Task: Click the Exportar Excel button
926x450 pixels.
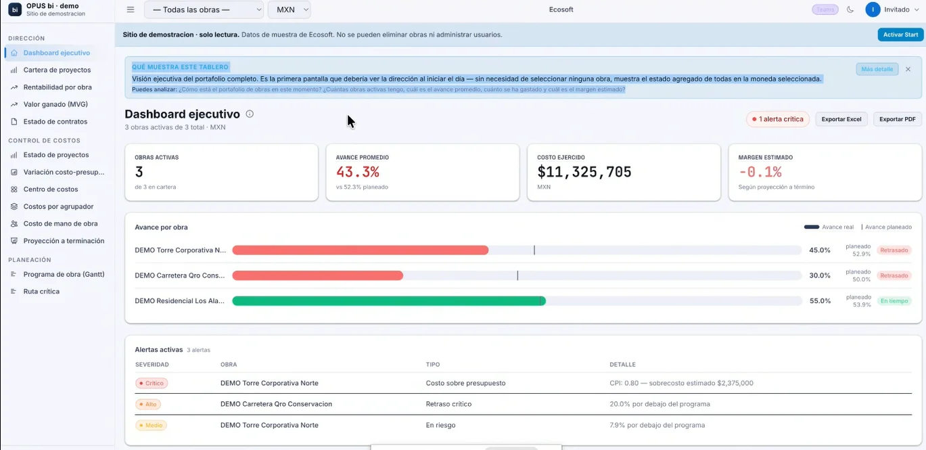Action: pos(841,119)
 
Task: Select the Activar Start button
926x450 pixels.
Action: pos(900,35)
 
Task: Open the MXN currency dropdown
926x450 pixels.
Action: pos(290,9)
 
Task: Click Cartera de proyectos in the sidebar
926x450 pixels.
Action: pos(57,70)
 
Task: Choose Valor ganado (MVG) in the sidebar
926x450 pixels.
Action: pos(55,104)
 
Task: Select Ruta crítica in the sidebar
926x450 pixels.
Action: pos(41,291)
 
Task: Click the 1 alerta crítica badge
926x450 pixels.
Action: pos(778,119)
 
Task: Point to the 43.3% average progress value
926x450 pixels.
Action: pos(358,172)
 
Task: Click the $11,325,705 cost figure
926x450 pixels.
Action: pos(584,172)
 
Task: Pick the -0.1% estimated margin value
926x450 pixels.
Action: pos(760,172)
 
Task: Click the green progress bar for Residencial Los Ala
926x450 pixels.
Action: pos(388,301)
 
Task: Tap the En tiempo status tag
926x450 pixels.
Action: pos(894,300)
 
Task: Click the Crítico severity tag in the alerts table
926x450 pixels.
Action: pos(152,384)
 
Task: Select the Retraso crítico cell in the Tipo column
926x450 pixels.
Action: pos(448,404)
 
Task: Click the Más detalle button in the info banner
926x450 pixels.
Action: pos(877,69)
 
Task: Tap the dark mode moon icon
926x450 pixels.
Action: pos(850,9)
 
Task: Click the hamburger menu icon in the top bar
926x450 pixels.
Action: pos(131,9)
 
